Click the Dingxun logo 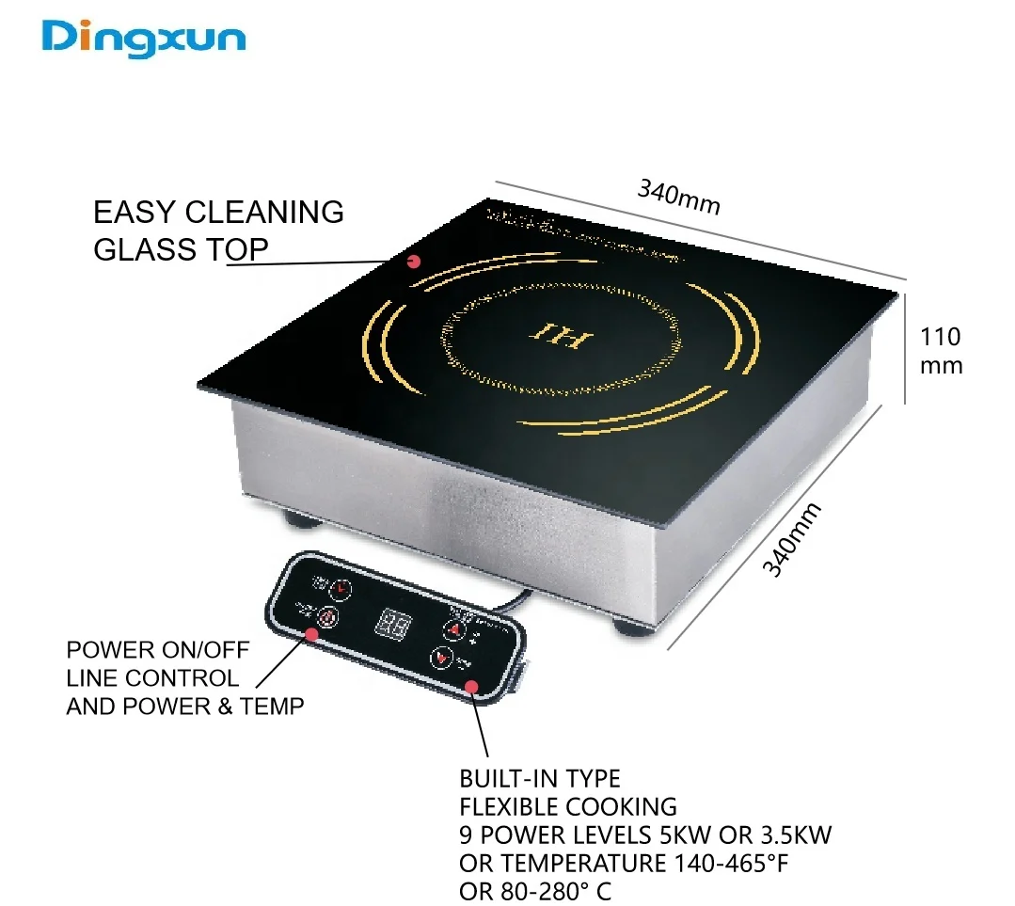tap(144, 39)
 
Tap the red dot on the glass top tap(413, 262)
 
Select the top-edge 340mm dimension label tap(678, 197)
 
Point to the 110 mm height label tap(941, 350)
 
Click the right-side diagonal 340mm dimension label tap(791, 539)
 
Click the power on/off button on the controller tap(327, 618)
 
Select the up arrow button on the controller tap(454, 629)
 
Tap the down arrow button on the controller tap(441, 658)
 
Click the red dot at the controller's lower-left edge tap(310, 634)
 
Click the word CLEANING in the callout tap(264, 213)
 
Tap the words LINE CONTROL tap(152, 677)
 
